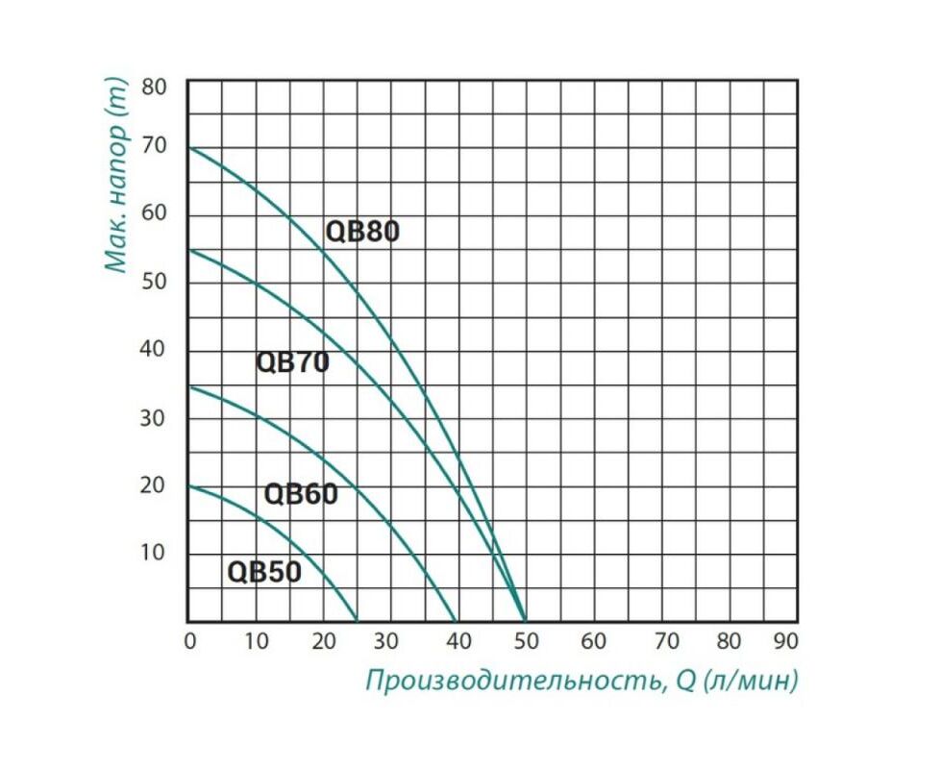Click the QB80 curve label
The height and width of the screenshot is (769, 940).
coord(362,232)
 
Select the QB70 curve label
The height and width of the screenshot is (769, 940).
coord(292,362)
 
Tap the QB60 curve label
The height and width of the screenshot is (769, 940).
coord(301,494)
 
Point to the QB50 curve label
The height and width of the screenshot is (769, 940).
coord(264,572)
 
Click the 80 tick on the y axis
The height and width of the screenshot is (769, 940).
coord(154,87)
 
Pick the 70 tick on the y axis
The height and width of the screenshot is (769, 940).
coord(154,145)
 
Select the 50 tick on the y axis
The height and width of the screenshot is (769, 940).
coord(154,281)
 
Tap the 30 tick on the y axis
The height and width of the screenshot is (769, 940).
coord(152,418)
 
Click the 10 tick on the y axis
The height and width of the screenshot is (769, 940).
coord(152,552)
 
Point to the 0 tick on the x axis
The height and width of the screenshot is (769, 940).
coord(190,641)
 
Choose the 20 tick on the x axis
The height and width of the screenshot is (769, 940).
coord(324,641)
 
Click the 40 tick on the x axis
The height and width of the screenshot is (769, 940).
coord(458,641)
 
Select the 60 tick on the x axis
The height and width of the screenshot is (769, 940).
coord(593,641)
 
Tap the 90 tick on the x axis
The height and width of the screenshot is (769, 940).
coord(786,641)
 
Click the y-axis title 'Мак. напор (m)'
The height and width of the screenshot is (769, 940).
coord(116,176)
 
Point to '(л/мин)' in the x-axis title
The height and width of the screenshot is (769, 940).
coord(752,681)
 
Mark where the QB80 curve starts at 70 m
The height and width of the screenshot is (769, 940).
coord(188,147)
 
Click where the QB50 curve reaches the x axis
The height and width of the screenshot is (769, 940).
coord(357,621)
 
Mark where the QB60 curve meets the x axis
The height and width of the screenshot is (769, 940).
coord(457,621)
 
